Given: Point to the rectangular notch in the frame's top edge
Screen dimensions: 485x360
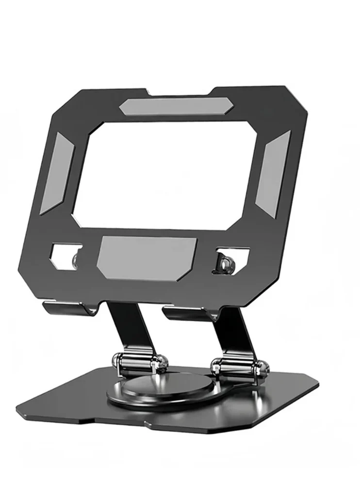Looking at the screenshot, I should tap(180, 91).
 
